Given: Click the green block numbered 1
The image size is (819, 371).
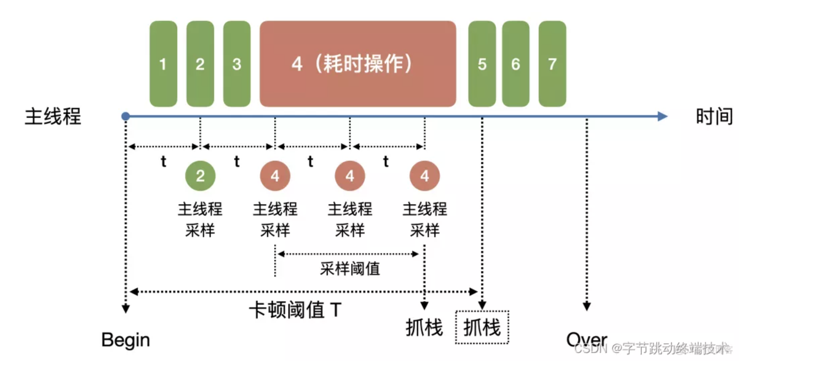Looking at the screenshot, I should pos(163,64).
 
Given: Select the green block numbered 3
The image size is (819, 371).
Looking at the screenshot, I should pos(237,64).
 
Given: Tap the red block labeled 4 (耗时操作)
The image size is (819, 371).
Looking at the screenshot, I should pos(358,64).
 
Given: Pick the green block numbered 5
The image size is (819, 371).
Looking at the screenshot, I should pos(482,64).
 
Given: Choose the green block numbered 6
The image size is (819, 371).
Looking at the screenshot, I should pos(516,64).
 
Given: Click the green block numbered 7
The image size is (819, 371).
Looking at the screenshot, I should pos(552,64).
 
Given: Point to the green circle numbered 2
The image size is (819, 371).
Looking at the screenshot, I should pos(200,176).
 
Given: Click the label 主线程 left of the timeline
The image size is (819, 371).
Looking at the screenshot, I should pos(53,117).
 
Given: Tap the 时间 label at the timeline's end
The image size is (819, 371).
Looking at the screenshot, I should pos(714,117).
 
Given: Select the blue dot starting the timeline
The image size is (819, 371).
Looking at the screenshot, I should pos(125,116).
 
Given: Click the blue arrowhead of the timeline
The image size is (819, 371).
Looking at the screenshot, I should pos(662,116).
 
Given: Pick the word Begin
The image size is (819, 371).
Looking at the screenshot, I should pos(125,340).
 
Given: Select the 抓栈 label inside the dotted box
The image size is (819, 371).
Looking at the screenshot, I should pos(482,327).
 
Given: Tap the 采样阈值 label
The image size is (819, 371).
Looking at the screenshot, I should pos(350,269).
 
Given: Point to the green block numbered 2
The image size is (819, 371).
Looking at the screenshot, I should pos(200,64).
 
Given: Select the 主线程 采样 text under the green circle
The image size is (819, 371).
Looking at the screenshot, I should pos(200,220).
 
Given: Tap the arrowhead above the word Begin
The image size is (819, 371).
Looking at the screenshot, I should pos(125,308).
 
